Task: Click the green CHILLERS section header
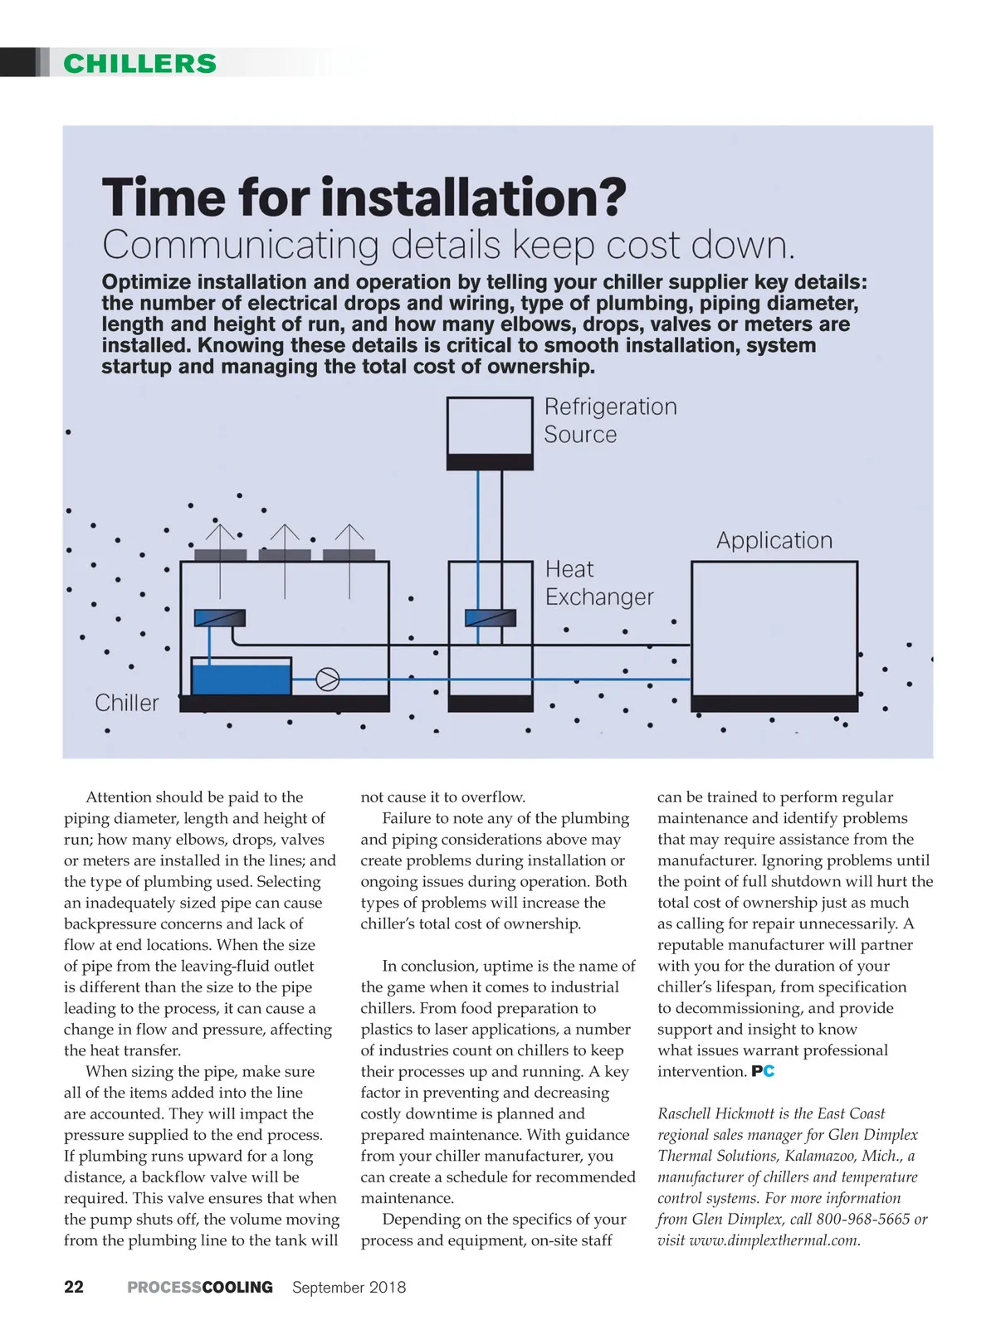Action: click(139, 64)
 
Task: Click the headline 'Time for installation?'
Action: click(364, 197)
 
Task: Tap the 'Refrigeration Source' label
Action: click(610, 420)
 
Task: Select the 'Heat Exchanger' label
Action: click(598, 582)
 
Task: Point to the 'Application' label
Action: click(774, 540)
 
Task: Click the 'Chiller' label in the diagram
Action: click(126, 703)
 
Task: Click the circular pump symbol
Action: click(328, 680)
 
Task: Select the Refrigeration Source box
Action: click(490, 433)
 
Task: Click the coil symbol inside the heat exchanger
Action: click(490, 618)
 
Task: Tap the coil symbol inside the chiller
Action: click(219, 618)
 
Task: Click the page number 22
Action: click(74, 1287)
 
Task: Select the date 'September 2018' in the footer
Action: click(349, 1287)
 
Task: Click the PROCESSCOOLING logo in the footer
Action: click(200, 1287)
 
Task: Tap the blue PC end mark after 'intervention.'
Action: click(763, 1071)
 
